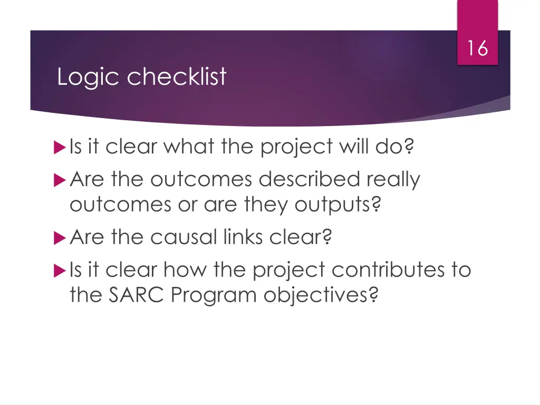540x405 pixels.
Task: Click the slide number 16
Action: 477,49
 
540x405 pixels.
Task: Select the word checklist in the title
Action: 177,77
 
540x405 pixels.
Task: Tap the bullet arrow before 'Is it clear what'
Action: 59,147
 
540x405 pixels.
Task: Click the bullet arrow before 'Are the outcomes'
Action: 59,180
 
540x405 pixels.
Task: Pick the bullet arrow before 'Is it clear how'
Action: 59,271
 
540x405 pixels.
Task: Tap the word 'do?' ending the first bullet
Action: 393,146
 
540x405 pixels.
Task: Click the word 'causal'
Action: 183,238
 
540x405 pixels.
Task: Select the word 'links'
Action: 242,238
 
